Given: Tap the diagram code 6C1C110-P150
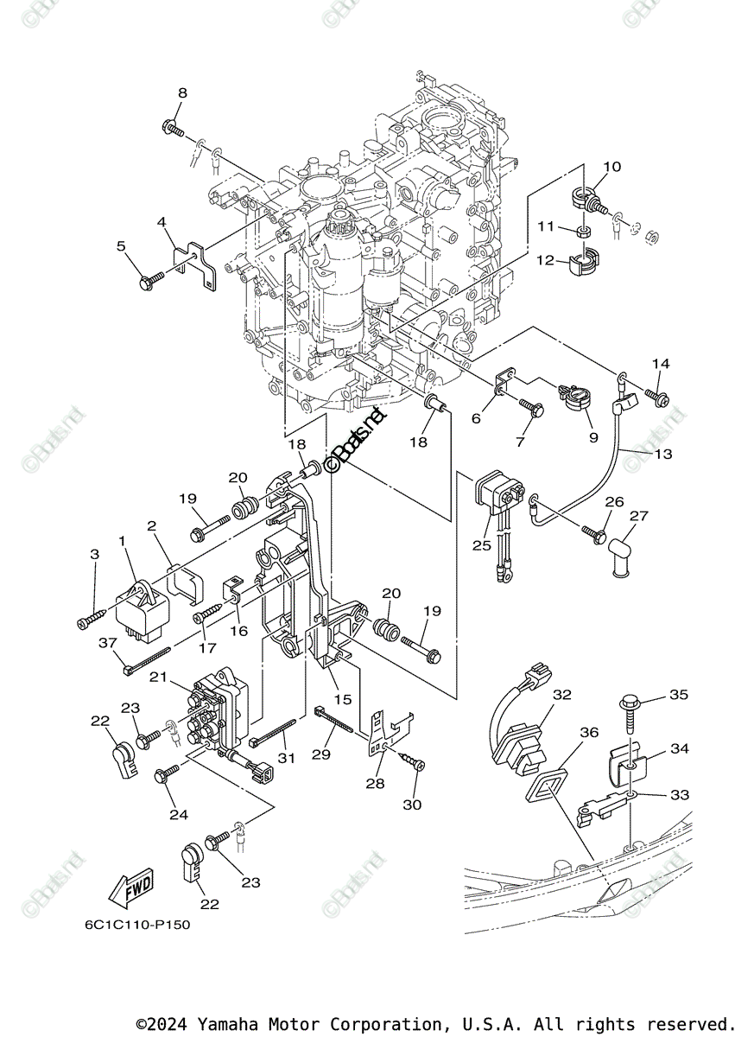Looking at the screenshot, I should (x=137, y=925).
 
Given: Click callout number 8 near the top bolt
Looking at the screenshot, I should (x=182, y=92).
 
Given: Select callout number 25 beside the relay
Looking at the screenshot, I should (x=480, y=545).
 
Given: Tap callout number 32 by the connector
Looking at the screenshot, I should (x=563, y=695).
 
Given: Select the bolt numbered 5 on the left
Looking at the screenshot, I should (x=151, y=280).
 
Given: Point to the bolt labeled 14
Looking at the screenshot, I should (x=658, y=397).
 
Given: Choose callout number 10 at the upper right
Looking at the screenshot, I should (x=611, y=166).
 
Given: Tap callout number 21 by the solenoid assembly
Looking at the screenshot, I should (x=181, y=678).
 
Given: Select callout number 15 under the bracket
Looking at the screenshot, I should (x=344, y=698).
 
